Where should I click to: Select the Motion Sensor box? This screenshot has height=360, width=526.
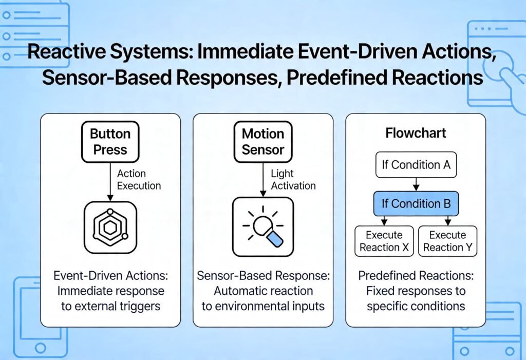(x=262, y=142)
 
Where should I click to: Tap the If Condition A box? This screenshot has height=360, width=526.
(x=416, y=165)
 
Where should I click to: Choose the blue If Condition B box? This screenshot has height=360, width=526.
(x=416, y=204)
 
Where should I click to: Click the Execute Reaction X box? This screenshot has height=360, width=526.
(x=384, y=241)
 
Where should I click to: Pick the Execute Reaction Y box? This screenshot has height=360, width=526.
(x=447, y=241)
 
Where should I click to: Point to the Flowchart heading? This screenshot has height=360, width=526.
(x=416, y=134)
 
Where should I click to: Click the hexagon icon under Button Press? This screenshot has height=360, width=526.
(x=110, y=227)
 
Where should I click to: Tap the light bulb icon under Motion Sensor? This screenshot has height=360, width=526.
(x=262, y=227)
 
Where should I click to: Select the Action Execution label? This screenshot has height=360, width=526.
(x=139, y=180)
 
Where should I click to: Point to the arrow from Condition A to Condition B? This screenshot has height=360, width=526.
(x=416, y=184)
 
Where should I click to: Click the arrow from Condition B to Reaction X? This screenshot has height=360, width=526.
(x=384, y=220)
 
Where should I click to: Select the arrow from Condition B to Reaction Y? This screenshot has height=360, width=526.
(x=447, y=220)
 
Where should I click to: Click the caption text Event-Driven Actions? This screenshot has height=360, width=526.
(x=110, y=276)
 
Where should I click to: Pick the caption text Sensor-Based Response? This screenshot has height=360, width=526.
(x=263, y=276)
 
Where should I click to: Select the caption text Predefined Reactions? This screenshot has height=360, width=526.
(x=416, y=276)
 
